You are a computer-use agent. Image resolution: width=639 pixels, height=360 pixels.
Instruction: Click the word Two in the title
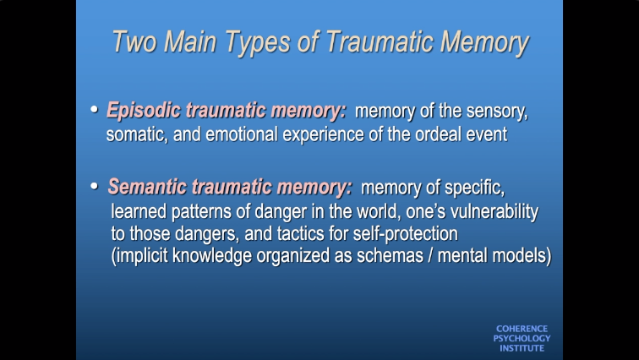[134, 41]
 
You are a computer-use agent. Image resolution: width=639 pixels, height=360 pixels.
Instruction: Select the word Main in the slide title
[190, 41]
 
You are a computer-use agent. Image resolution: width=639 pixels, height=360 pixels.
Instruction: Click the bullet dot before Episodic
[94, 109]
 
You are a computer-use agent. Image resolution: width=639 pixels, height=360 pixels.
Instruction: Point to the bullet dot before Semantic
[94, 186]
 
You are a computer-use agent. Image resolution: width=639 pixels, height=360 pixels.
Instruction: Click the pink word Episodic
[144, 111]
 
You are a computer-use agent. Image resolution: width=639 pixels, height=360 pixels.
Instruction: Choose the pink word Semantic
[147, 187]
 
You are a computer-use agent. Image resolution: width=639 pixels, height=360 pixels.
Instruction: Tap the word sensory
[497, 112]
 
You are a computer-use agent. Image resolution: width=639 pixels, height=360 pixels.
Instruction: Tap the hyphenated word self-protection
[406, 235]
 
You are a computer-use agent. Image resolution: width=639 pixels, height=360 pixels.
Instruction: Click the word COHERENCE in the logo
[522, 329]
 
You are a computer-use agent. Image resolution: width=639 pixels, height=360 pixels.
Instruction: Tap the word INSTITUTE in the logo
[522, 348]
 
